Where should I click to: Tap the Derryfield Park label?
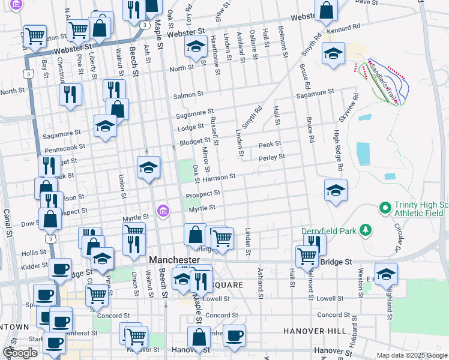[x=329, y=230]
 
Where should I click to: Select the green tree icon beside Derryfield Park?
[x=364, y=230]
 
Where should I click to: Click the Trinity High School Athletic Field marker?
[x=384, y=208]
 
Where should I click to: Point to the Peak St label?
[x=270, y=145]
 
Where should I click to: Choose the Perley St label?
[x=271, y=158]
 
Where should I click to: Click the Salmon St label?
[x=188, y=95]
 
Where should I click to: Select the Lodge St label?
[x=190, y=127]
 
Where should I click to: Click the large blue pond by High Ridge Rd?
[x=363, y=154]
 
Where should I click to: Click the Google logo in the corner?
[x=20, y=352]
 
